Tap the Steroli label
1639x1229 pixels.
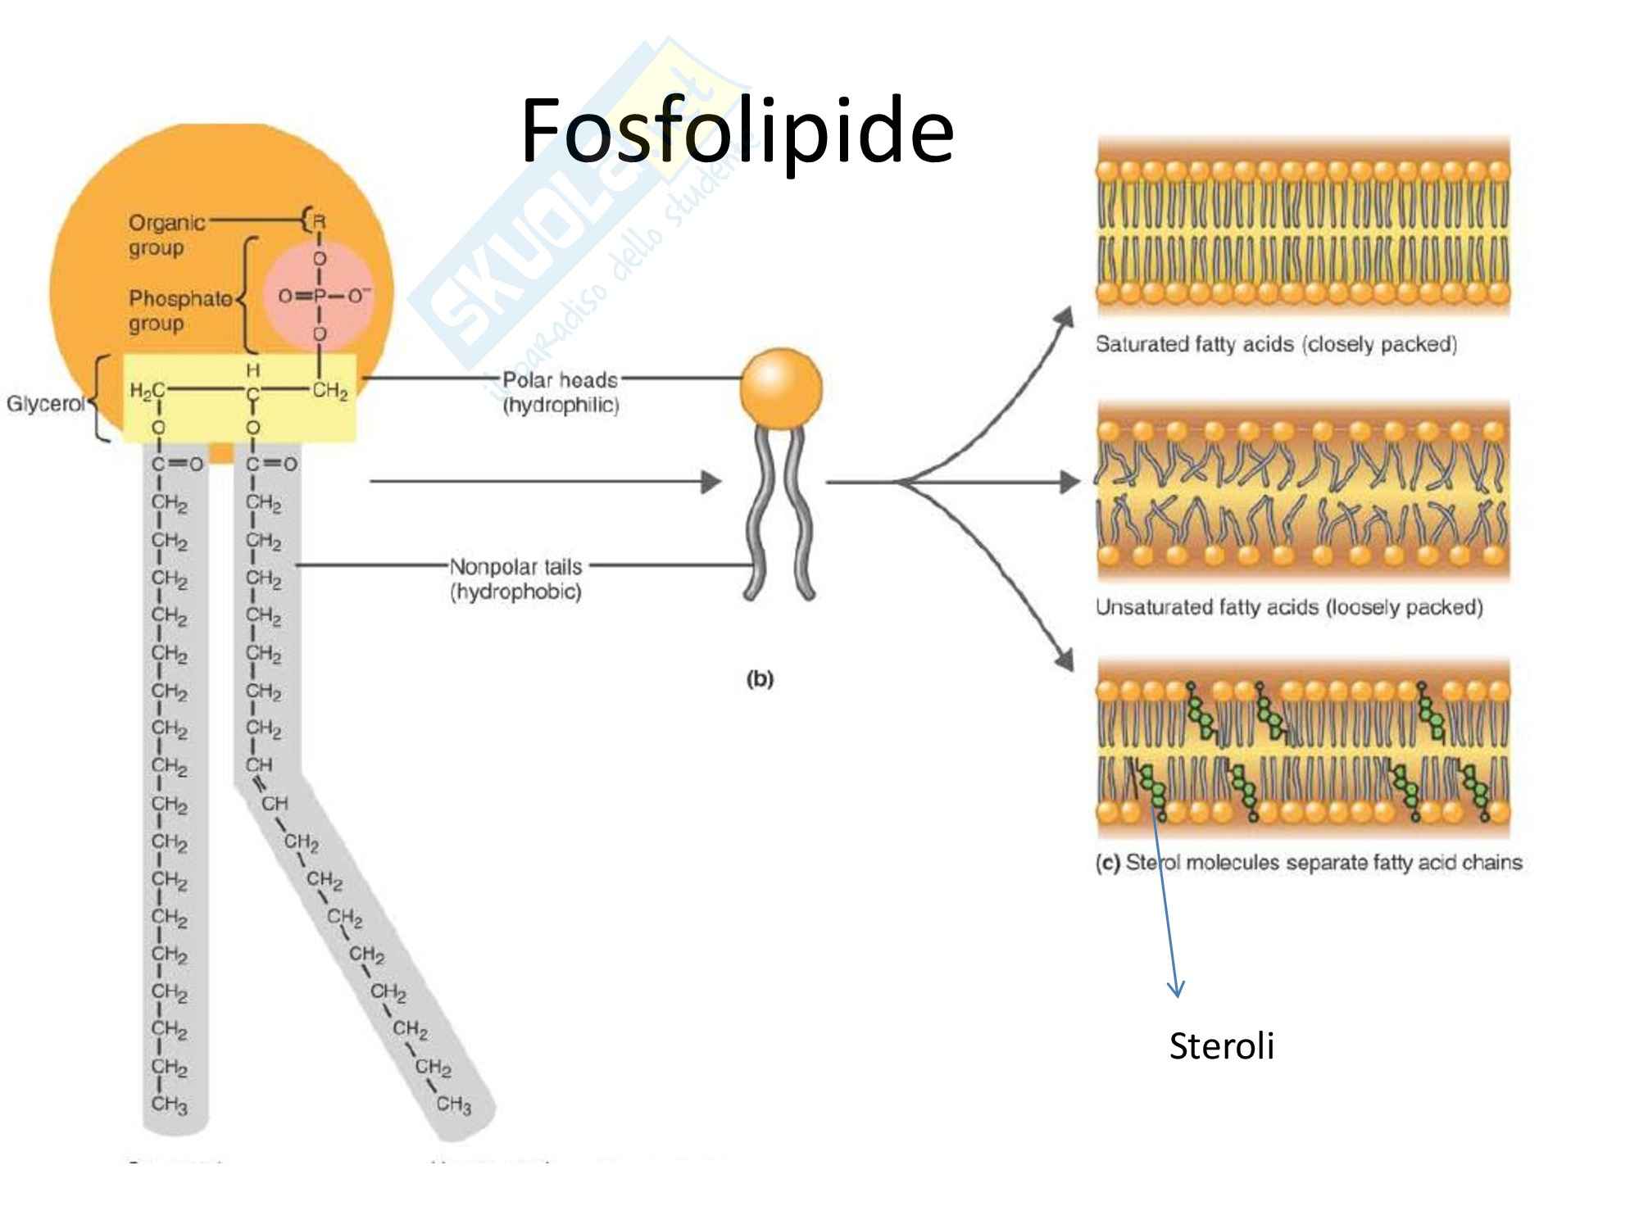[1221, 1046]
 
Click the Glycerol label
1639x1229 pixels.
[44, 404]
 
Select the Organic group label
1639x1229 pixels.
[166, 234]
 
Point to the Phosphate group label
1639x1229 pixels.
[179, 311]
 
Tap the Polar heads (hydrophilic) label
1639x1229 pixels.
[561, 392]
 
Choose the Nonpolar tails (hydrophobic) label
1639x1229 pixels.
[515, 578]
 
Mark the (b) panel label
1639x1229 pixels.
[759, 678]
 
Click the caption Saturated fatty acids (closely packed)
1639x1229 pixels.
[1276, 344]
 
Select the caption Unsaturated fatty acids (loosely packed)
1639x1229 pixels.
[1289, 607]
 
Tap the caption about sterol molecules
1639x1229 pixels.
[1309, 862]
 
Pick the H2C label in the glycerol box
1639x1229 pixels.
[147, 391]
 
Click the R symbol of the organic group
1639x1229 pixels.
[320, 221]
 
